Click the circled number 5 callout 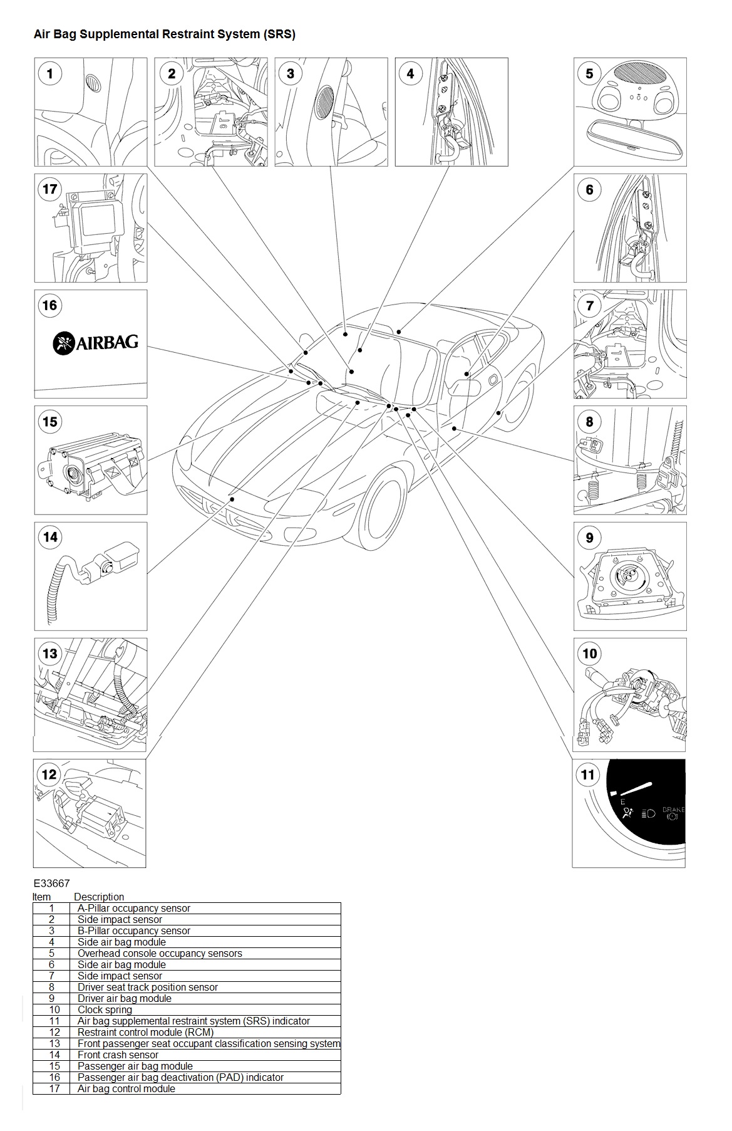pyautogui.click(x=589, y=73)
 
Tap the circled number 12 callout pyautogui.click(x=49, y=774)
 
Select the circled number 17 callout pyautogui.click(x=49, y=189)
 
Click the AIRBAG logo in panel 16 pyautogui.click(x=95, y=343)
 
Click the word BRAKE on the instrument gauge pyautogui.click(x=674, y=810)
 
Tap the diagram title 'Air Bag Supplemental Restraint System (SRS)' pyautogui.click(x=165, y=34)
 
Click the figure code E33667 pyautogui.click(x=52, y=883)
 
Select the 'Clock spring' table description pyautogui.click(x=105, y=1009)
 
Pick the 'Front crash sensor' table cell pyautogui.click(x=118, y=1055)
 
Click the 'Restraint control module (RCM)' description pyautogui.click(x=145, y=1032)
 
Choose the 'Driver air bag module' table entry pyautogui.click(x=124, y=998)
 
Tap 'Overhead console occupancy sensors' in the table pyautogui.click(x=160, y=953)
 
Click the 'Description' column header pyautogui.click(x=99, y=897)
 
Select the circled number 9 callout pyautogui.click(x=589, y=538)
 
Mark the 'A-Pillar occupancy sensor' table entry pyautogui.click(x=133, y=908)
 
